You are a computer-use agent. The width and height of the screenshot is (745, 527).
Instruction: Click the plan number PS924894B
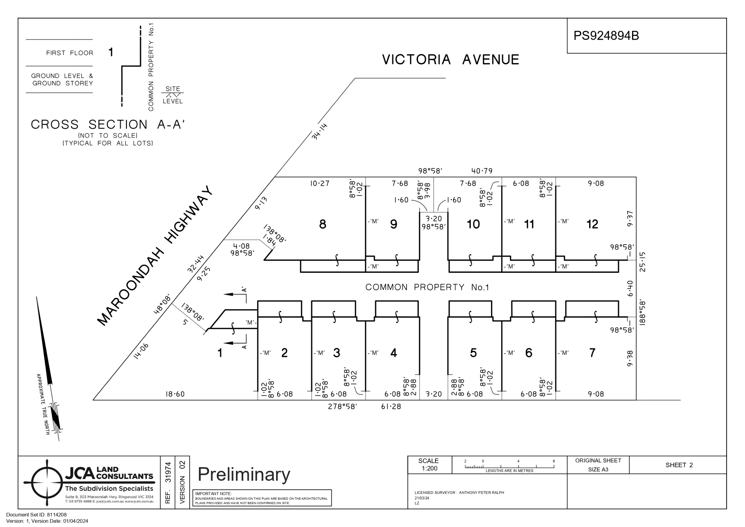[x=606, y=36]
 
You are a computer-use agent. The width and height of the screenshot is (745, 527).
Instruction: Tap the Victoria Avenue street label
[x=450, y=60]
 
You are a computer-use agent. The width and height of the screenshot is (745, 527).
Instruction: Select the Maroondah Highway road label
[x=156, y=256]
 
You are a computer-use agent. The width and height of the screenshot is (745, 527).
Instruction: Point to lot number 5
[x=473, y=353]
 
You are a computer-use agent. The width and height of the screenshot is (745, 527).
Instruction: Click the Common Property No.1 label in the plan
[x=427, y=287]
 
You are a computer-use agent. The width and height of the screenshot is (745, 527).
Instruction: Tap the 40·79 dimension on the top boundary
[x=481, y=171]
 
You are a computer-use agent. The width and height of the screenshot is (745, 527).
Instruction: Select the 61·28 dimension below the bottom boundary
[x=391, y=407]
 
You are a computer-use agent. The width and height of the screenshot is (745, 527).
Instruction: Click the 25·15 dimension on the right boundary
[x=642, y=262]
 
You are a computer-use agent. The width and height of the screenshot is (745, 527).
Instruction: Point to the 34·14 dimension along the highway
[x=320, y=131]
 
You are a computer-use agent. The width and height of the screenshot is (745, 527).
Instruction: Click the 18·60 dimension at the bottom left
[x=175, y=394]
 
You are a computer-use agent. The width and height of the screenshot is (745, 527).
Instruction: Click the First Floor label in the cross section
[x=70, y=53]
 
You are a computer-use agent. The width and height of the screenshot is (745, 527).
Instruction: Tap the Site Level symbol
[x=172, y=95]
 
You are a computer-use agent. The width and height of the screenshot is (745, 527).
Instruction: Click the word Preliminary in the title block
[x=244, y=475]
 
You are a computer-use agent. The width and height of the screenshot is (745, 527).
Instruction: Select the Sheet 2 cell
[x=679, y=465]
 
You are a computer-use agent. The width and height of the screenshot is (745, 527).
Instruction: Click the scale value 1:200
[x=429, y=468]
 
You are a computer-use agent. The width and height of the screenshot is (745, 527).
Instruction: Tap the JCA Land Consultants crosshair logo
[x=47, y=483]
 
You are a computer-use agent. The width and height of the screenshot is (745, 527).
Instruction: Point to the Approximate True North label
[x=43, y=404]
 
